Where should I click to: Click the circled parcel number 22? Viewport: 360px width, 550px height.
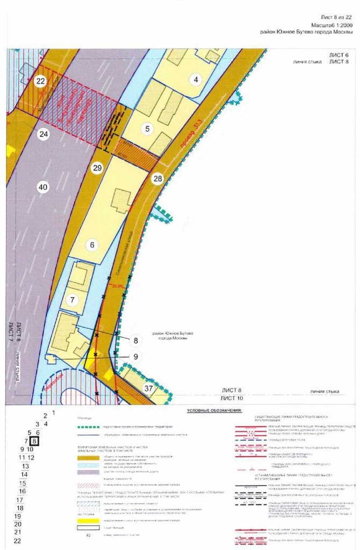(40, 81)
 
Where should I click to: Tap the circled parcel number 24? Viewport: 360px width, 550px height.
(44, 134)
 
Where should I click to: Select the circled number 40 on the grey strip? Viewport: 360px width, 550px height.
(43, 187)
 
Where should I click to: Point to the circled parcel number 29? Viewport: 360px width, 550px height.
(97, 168)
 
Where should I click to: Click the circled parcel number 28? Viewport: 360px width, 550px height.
(157, 179)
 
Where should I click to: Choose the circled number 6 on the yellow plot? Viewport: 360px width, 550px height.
(92, 245)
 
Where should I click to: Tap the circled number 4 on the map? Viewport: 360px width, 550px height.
(196, 80)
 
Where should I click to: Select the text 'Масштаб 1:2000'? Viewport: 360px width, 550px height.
(332, 25)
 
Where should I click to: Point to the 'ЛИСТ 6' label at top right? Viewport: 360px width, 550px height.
(339, 55)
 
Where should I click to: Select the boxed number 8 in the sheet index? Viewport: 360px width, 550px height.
(35, 441)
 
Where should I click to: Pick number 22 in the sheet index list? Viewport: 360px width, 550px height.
(17, 540)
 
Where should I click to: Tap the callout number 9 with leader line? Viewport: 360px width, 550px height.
(136, 356)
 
